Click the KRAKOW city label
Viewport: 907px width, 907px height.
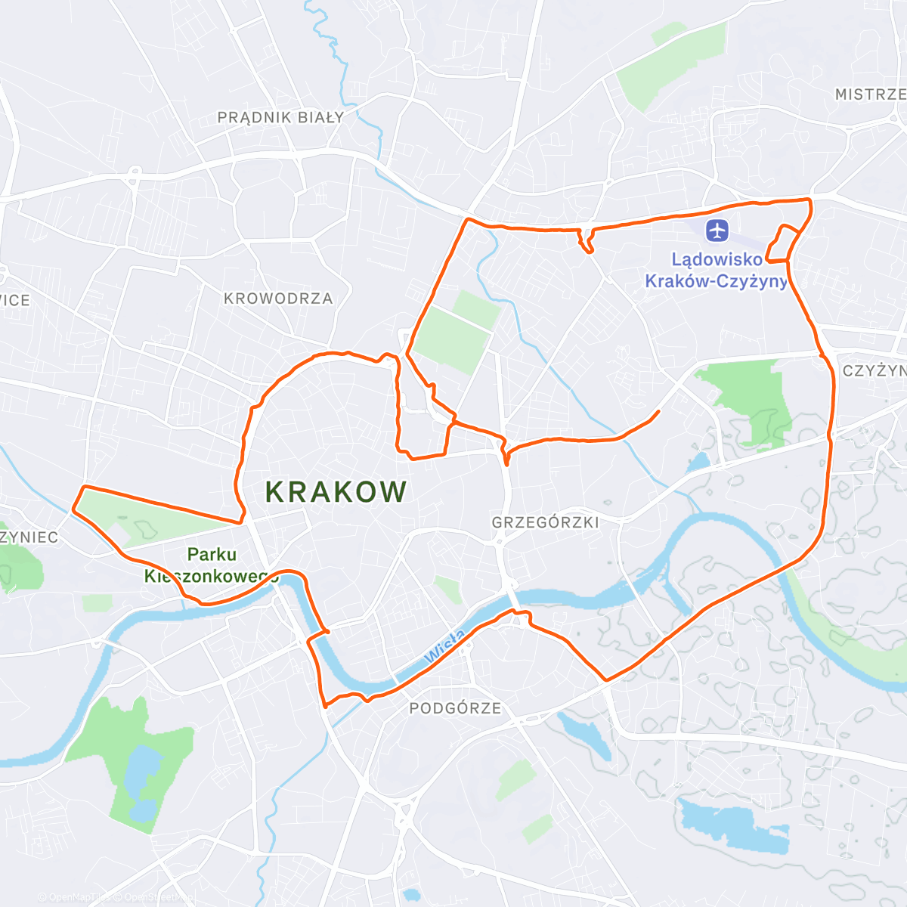[x=336, y=492]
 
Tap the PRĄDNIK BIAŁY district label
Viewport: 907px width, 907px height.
[x=280, y=117]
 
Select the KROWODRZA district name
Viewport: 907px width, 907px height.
[x=278, y=299]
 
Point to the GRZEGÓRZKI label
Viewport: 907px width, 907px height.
[x=545, y=522]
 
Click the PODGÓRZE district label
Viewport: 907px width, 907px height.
[x=455, y=708]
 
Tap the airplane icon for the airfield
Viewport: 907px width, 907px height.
[x=717, y=228]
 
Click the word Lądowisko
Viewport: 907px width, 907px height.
[x=717, y=259]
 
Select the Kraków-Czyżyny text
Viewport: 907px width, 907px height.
[x=716, y=281]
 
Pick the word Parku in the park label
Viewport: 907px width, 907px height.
[x=212, y=554]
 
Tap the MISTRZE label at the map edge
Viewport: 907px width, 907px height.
[x=870, y=94]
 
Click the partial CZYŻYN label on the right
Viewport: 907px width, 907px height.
[x=874, y=371]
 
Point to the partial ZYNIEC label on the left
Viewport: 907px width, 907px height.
[x=29, y=537]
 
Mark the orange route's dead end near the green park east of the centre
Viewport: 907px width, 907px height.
[x=659, y=411]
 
